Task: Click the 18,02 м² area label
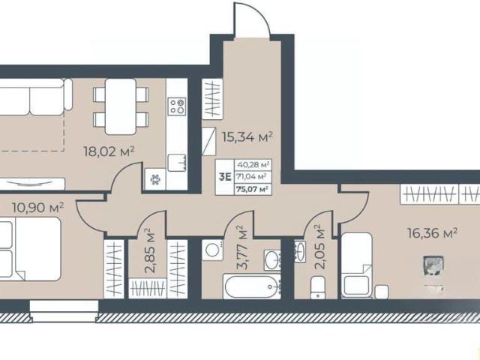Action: pyautogui.click(x=109, y=151)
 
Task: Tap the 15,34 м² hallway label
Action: pyautogui.click(x=247, y=137)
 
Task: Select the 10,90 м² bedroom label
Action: pyautogui.click(x=38, y=208)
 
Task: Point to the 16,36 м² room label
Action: pyautogui.click(x=433, y=233)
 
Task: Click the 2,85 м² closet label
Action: pyautogui.click(x=149, y=250)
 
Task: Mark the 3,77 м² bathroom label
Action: pyautogui.click(x=243, y=247)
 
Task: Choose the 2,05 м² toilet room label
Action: pyautogui.click(x=320, y=247)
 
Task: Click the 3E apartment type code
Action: pyautogui.click(x=225, y=177)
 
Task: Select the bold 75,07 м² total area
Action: pyautogui.click(x=253, y=189)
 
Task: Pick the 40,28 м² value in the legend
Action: pyautogui.click(x=253, y=165)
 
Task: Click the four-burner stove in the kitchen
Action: pyautogui.click(x=177, y=106)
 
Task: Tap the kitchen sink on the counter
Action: pyautogui.click(x=177, y=163)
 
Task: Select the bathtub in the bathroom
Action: pyautogui.click(x=252, y=286)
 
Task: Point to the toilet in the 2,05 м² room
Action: pyautogui.click(x=318, y=287)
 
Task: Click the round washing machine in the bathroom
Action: pyautogui.click(x=212, y=250)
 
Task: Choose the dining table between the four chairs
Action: pyautogui.click(x=121, y=106)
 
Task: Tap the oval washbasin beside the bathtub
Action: pyautogui.click(x=271, y=260)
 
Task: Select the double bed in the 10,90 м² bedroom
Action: pyautogui.click(x=30, y=249)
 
